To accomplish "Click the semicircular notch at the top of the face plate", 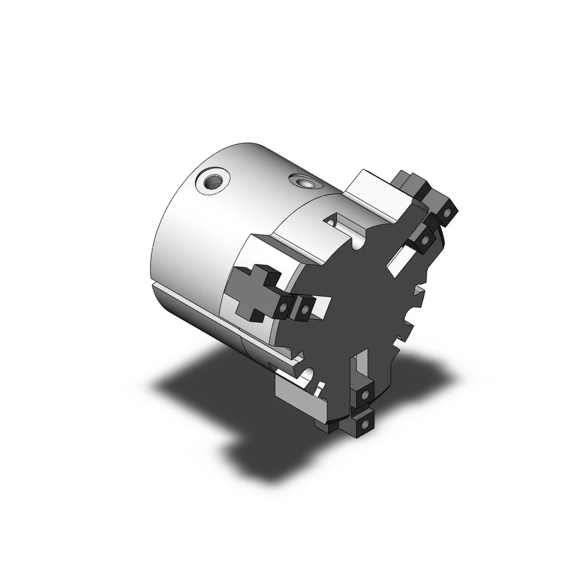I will (356, 244).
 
